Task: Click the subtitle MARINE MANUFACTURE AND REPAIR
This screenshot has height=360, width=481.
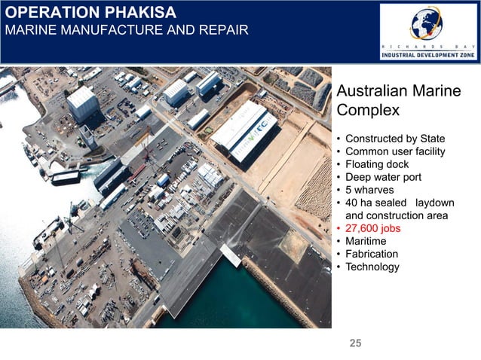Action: pos(124,31)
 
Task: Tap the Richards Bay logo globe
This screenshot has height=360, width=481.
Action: pos(426,23)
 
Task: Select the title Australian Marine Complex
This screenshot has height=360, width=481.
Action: pos(398,100)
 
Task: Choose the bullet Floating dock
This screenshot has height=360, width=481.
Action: pos(376,165)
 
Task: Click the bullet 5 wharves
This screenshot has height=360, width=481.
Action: pos(371,191)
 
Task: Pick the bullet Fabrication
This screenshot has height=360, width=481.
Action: pos(371,255)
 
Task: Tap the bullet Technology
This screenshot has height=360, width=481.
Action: pos(372,267)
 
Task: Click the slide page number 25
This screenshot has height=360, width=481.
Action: pos(355,344)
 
